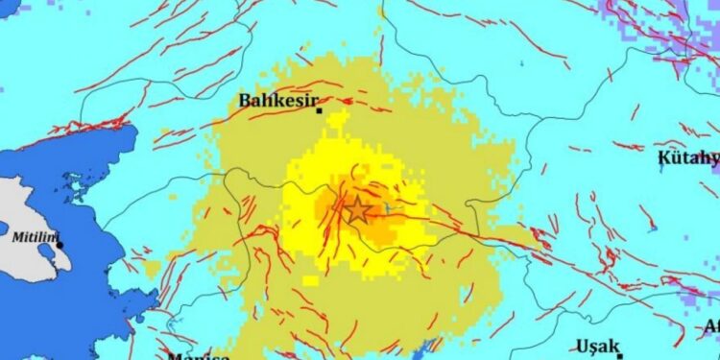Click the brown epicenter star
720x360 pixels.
pos(357,209)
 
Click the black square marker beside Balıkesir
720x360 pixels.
pos(320,111)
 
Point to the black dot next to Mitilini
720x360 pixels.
pos(60,245)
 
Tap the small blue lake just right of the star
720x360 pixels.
pos(386,207)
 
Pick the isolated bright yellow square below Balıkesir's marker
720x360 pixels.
pos(336,121)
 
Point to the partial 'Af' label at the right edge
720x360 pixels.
pos(711,324)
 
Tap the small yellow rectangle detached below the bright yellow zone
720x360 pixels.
pos(310,281)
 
